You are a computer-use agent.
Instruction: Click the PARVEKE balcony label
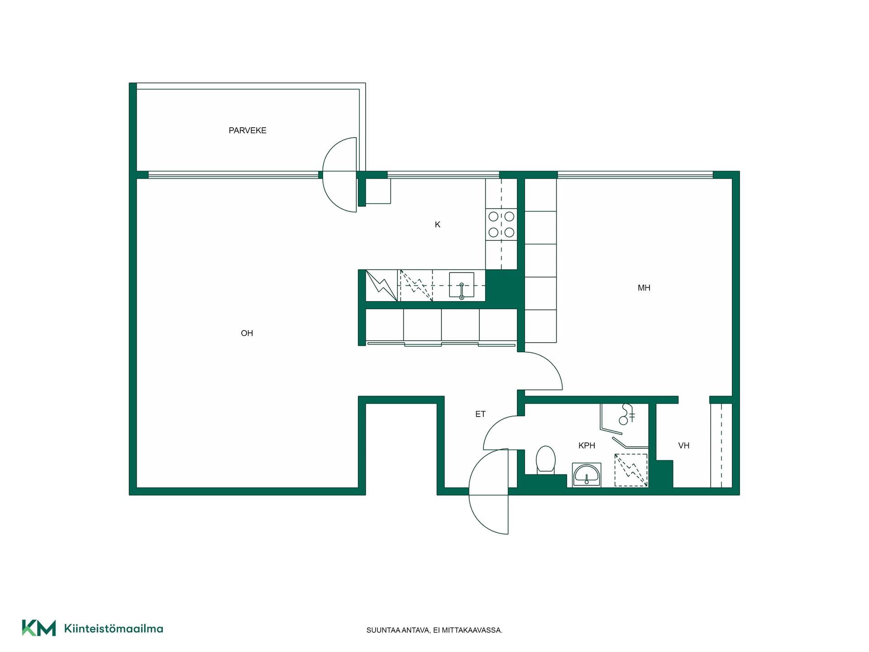click(247, 130)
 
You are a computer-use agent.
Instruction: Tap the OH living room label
click(247, 333)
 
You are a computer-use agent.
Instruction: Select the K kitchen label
click(438, 225)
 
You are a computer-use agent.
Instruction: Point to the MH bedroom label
click(644, 288)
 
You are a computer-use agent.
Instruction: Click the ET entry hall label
click(480, 414)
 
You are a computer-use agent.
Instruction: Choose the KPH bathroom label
click(587, 446)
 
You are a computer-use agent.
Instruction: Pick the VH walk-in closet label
click(683, 446)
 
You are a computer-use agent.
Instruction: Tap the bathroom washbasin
click(587, 475)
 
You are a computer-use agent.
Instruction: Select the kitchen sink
click(462, 285)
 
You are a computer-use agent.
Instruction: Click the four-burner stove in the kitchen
click(501, 225)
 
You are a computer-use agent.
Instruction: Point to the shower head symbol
click(626, 414)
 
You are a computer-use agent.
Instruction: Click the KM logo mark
click(39, 628)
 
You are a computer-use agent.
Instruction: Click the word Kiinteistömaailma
click(114, 628)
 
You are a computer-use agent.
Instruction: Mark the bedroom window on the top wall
click(635, 175)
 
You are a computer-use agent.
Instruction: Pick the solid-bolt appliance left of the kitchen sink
click(382, 286)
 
